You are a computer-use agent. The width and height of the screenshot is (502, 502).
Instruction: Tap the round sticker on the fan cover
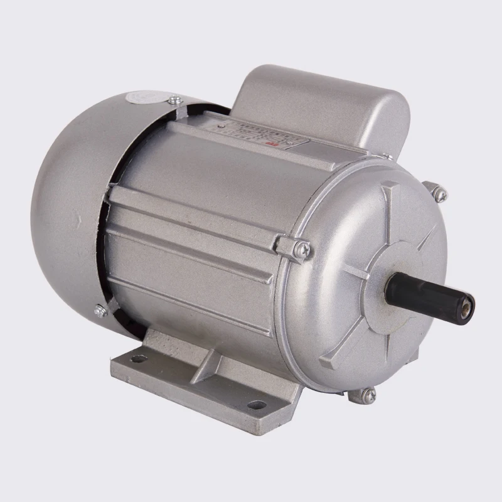click(142, 98)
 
